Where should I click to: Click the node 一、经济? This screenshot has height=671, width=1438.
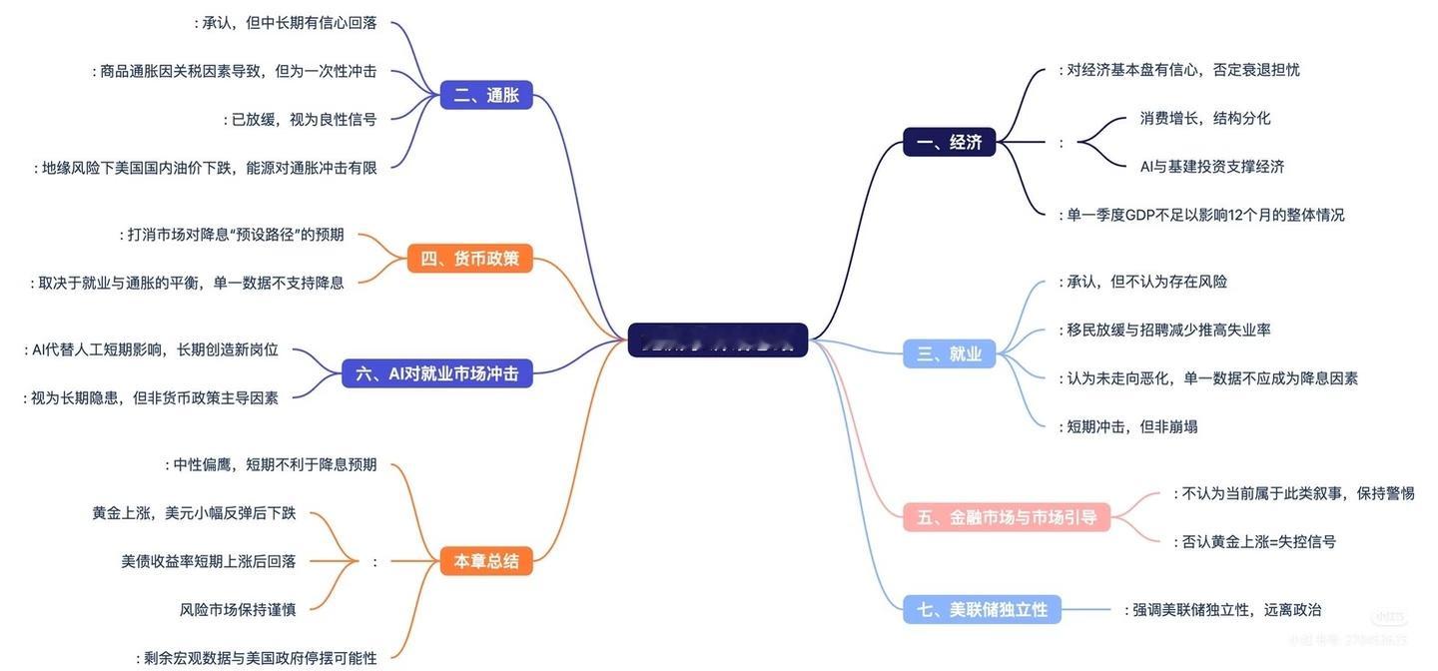click(949, 142)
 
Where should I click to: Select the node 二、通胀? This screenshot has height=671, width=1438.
click(486, 95)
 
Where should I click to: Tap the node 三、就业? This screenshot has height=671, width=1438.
click(949, 352)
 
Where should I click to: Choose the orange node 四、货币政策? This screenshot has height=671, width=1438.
click(469, 259)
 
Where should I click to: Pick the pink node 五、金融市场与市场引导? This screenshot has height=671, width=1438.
click(1007, 516)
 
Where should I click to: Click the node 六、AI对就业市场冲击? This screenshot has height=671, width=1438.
click(436, 373)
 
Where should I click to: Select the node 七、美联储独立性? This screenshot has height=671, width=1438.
click(983, 609)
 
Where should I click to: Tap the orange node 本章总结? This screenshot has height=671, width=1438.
click(486, 561)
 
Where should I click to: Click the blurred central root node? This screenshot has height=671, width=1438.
click(717, 340)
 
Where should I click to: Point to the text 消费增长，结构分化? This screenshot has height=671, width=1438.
click(1205, 118)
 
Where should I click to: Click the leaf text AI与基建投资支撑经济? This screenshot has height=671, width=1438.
click(1212, 166)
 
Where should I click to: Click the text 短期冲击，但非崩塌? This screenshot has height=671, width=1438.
click(1131, 426)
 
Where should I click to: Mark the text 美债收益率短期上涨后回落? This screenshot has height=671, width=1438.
click(209, 561)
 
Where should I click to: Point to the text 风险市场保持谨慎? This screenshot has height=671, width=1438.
click(238, 609)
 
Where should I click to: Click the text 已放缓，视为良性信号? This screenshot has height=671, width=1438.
click(304, 119)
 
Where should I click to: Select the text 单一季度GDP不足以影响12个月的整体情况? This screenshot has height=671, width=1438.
click(1205, 215)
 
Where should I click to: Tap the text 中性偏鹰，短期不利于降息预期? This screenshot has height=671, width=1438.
click(275, 464)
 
